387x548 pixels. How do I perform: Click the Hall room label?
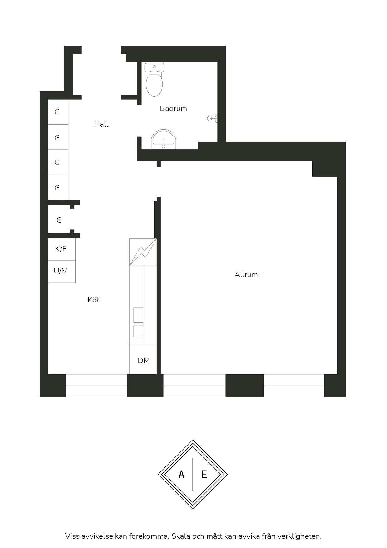point(101,124)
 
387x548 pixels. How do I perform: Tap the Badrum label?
point(173,108)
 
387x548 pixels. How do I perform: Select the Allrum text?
point(246,275)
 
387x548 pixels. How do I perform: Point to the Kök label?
point(94,300)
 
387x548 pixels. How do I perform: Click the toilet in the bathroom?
point(154,80)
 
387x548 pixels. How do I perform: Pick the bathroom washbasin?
point(164,140)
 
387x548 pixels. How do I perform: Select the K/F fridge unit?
point(61,249)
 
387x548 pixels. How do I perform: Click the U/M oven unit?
point(61,272)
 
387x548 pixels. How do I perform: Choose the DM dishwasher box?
point(143,359)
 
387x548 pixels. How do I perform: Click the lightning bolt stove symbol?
point(143,252)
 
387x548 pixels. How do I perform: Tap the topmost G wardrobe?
point(58,112)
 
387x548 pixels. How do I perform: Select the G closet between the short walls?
point(59,220)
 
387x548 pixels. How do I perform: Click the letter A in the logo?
point(181,475)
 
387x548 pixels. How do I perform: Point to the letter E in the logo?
point(204,475)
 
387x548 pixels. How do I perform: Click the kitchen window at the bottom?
point(96,386)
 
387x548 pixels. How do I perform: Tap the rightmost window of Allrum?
point(294,386)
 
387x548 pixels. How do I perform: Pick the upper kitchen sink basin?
point(138,315)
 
